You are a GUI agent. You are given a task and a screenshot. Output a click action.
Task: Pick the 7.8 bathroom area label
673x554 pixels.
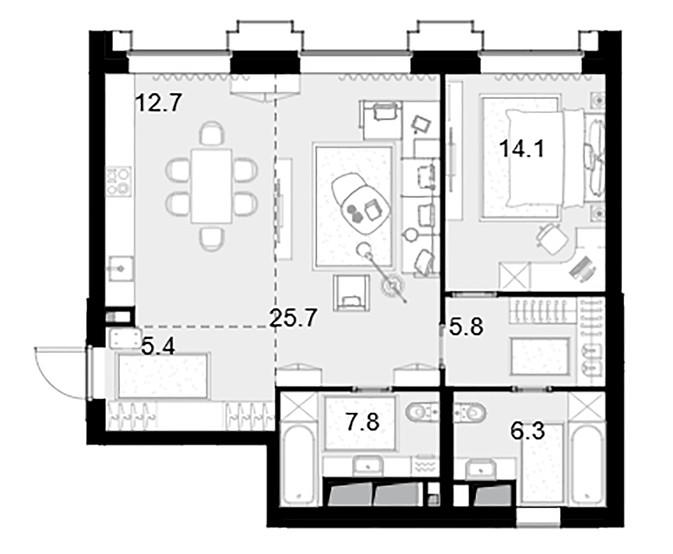coord(363,422)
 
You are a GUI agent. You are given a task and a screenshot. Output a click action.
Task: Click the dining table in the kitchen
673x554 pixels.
coord(212,186)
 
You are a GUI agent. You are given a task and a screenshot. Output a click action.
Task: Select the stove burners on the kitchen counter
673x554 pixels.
coord(119,181)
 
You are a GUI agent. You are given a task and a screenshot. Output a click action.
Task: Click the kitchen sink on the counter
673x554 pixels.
coord(121,269)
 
